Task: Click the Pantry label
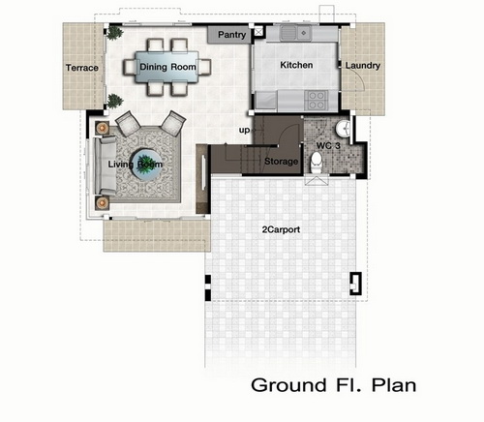click(x=231, y=35)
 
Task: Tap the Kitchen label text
click(x=296, y=65)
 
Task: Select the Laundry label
click(x=363, y=66)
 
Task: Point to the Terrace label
click(x=82, y=68)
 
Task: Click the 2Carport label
click(x=281, y=229)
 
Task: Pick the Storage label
click(x=281, y=161)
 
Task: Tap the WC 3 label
click(x=328, y=145)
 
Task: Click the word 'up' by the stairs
click(x=244, y=130)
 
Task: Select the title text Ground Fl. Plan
click(x=333, y=385)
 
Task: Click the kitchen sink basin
click(x=288, y=33)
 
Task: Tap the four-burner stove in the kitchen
click(x=317, y=100)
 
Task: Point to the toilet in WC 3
click(x=316, y=163)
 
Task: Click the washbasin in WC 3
click(x=343, y=129)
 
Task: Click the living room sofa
click(x=105, y=166)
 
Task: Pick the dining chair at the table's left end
click(x=130, y=67)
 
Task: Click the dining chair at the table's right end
click(x=204, y=67)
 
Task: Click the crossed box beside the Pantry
click(x=258, y=32)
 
